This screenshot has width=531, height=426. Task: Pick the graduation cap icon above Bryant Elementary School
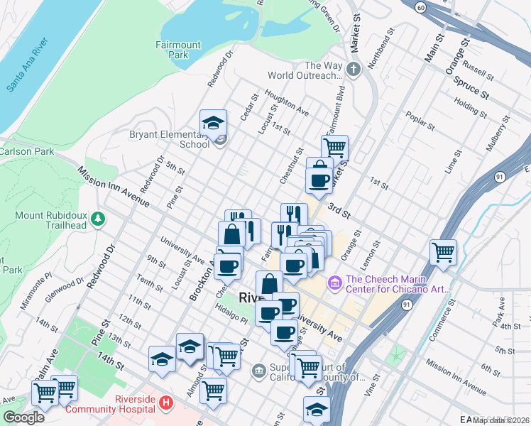click(213, 123)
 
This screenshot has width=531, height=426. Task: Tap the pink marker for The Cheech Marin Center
click(334, 283)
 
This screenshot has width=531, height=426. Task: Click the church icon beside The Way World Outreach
click(355, 70)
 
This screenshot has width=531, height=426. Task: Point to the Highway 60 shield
click(420, 7)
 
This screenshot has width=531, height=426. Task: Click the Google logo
click(23, 417)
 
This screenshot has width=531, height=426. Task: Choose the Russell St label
click(477, 69)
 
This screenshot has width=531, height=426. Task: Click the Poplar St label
click(420, 120)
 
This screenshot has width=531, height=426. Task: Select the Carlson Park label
click(17, 151)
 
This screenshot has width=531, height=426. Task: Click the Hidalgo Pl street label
click(232, 319)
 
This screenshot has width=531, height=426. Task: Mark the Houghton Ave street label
click(287, 102)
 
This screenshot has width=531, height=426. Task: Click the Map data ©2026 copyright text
click(501, 420)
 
